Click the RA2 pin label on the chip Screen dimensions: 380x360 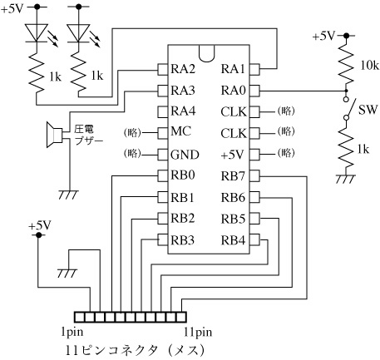click(183, 69)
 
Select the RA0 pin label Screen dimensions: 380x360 click(233, 91)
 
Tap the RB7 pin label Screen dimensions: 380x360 click(233, 175)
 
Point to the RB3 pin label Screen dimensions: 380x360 click(183, 240)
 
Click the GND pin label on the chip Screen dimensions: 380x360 click(185, 155)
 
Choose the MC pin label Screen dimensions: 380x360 click(181, 131)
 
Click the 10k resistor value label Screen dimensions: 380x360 click(369, 66)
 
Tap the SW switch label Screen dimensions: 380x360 click(368, 110)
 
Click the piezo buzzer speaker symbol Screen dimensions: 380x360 click(54, 135)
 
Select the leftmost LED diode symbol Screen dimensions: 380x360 click(37, 33)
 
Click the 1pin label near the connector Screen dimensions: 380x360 click(72, 332)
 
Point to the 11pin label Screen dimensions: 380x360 click(198, 332)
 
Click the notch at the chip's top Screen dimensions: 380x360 click(207, 54)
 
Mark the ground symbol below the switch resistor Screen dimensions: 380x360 click(346, 179)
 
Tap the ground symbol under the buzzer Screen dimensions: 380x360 click(69, 195)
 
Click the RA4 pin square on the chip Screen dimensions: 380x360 click(163, 111)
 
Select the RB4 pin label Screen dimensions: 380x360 click(233, 240)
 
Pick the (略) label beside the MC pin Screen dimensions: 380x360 click(132, 132)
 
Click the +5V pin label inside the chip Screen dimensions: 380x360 click(232, 155)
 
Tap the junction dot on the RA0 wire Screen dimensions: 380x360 click(346, 91)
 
